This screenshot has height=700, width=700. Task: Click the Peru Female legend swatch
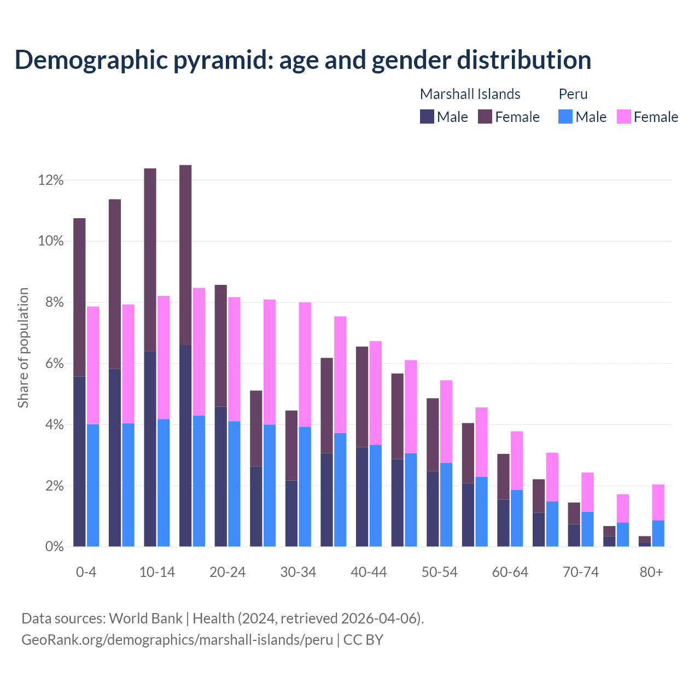(x=623, y=116)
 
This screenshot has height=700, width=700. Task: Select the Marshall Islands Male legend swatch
(x=427, y=116)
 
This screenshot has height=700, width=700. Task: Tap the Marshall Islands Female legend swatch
(x=485, y=116)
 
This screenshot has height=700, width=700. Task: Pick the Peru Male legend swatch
(x=565, y=116)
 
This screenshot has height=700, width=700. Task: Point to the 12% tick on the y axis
(x=51, y=180)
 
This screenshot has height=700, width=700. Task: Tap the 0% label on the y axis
(x=54, y=547)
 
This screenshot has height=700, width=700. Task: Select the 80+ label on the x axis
(x=651, y=572)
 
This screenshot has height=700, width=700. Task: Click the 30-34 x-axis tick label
(x=298, y=572)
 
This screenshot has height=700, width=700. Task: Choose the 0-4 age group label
(x=86, y=572)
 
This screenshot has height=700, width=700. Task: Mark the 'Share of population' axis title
(x=23, y=348)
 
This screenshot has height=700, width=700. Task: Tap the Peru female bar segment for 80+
(x=658, y=502)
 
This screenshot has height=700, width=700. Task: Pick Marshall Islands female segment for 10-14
(x=150, y=260)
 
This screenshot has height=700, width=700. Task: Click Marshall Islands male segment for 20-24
(x=220, y=476)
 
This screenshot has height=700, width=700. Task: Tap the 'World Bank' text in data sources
(x=145, y=619)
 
